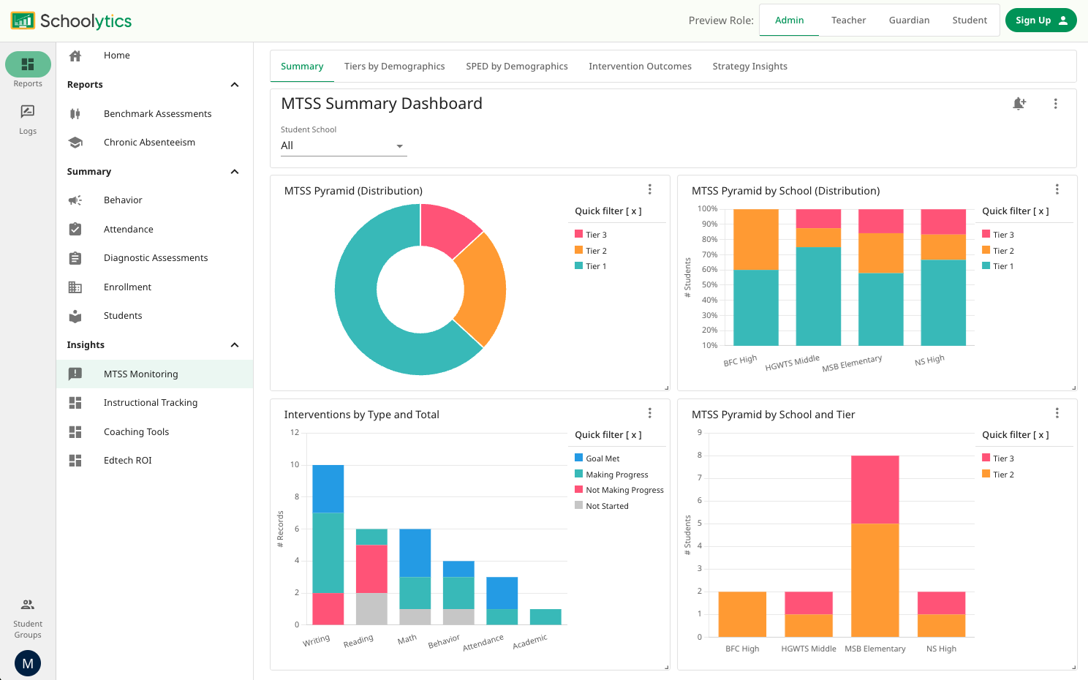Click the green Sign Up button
(1040, 20)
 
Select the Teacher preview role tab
(848, 20)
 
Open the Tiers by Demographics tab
(394, 67)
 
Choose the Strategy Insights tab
(749, 67)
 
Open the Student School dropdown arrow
(399, 146)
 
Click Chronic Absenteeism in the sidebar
(149, 143)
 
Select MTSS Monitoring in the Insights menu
(140, 374)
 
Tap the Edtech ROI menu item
(127, 461)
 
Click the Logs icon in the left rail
(28, 112)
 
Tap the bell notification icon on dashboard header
(1019, 104)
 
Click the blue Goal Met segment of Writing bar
(328, 488)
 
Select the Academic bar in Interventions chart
(545, 617)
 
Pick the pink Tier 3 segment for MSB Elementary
(874, 489)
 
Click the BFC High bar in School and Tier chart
(742, 614)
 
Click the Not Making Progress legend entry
(624, 491)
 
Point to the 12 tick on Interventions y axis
(295, 433)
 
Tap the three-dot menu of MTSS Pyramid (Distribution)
(649, 189)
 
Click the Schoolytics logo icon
(23, 20)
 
